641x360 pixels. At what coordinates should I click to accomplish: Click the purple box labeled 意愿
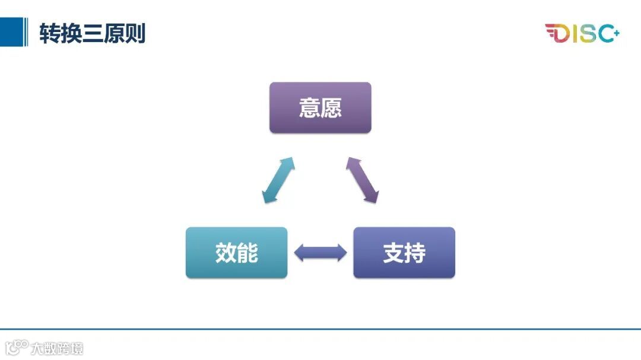320,107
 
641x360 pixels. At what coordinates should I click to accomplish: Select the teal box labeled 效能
236,253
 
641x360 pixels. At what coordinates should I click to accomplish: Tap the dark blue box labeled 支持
404,253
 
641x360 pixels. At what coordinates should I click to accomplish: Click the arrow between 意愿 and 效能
278,181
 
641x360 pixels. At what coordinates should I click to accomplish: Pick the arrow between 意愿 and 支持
363,181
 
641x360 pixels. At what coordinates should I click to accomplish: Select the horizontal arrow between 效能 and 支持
320,253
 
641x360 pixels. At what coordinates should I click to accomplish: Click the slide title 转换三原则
92,33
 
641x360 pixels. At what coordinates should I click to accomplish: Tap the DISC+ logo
582,33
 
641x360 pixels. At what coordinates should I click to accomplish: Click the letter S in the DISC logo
586,34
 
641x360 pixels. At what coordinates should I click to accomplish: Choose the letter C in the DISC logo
605,34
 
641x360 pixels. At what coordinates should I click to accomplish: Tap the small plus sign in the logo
616,32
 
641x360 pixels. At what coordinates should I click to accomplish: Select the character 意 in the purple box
310,107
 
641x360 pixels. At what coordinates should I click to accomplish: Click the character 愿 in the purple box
331,107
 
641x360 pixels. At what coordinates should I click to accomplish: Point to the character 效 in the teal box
226,253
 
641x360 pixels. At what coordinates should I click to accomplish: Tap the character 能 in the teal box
247,253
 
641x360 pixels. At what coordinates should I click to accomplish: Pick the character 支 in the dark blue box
394,253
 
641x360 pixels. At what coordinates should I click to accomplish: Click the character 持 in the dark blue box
415,253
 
